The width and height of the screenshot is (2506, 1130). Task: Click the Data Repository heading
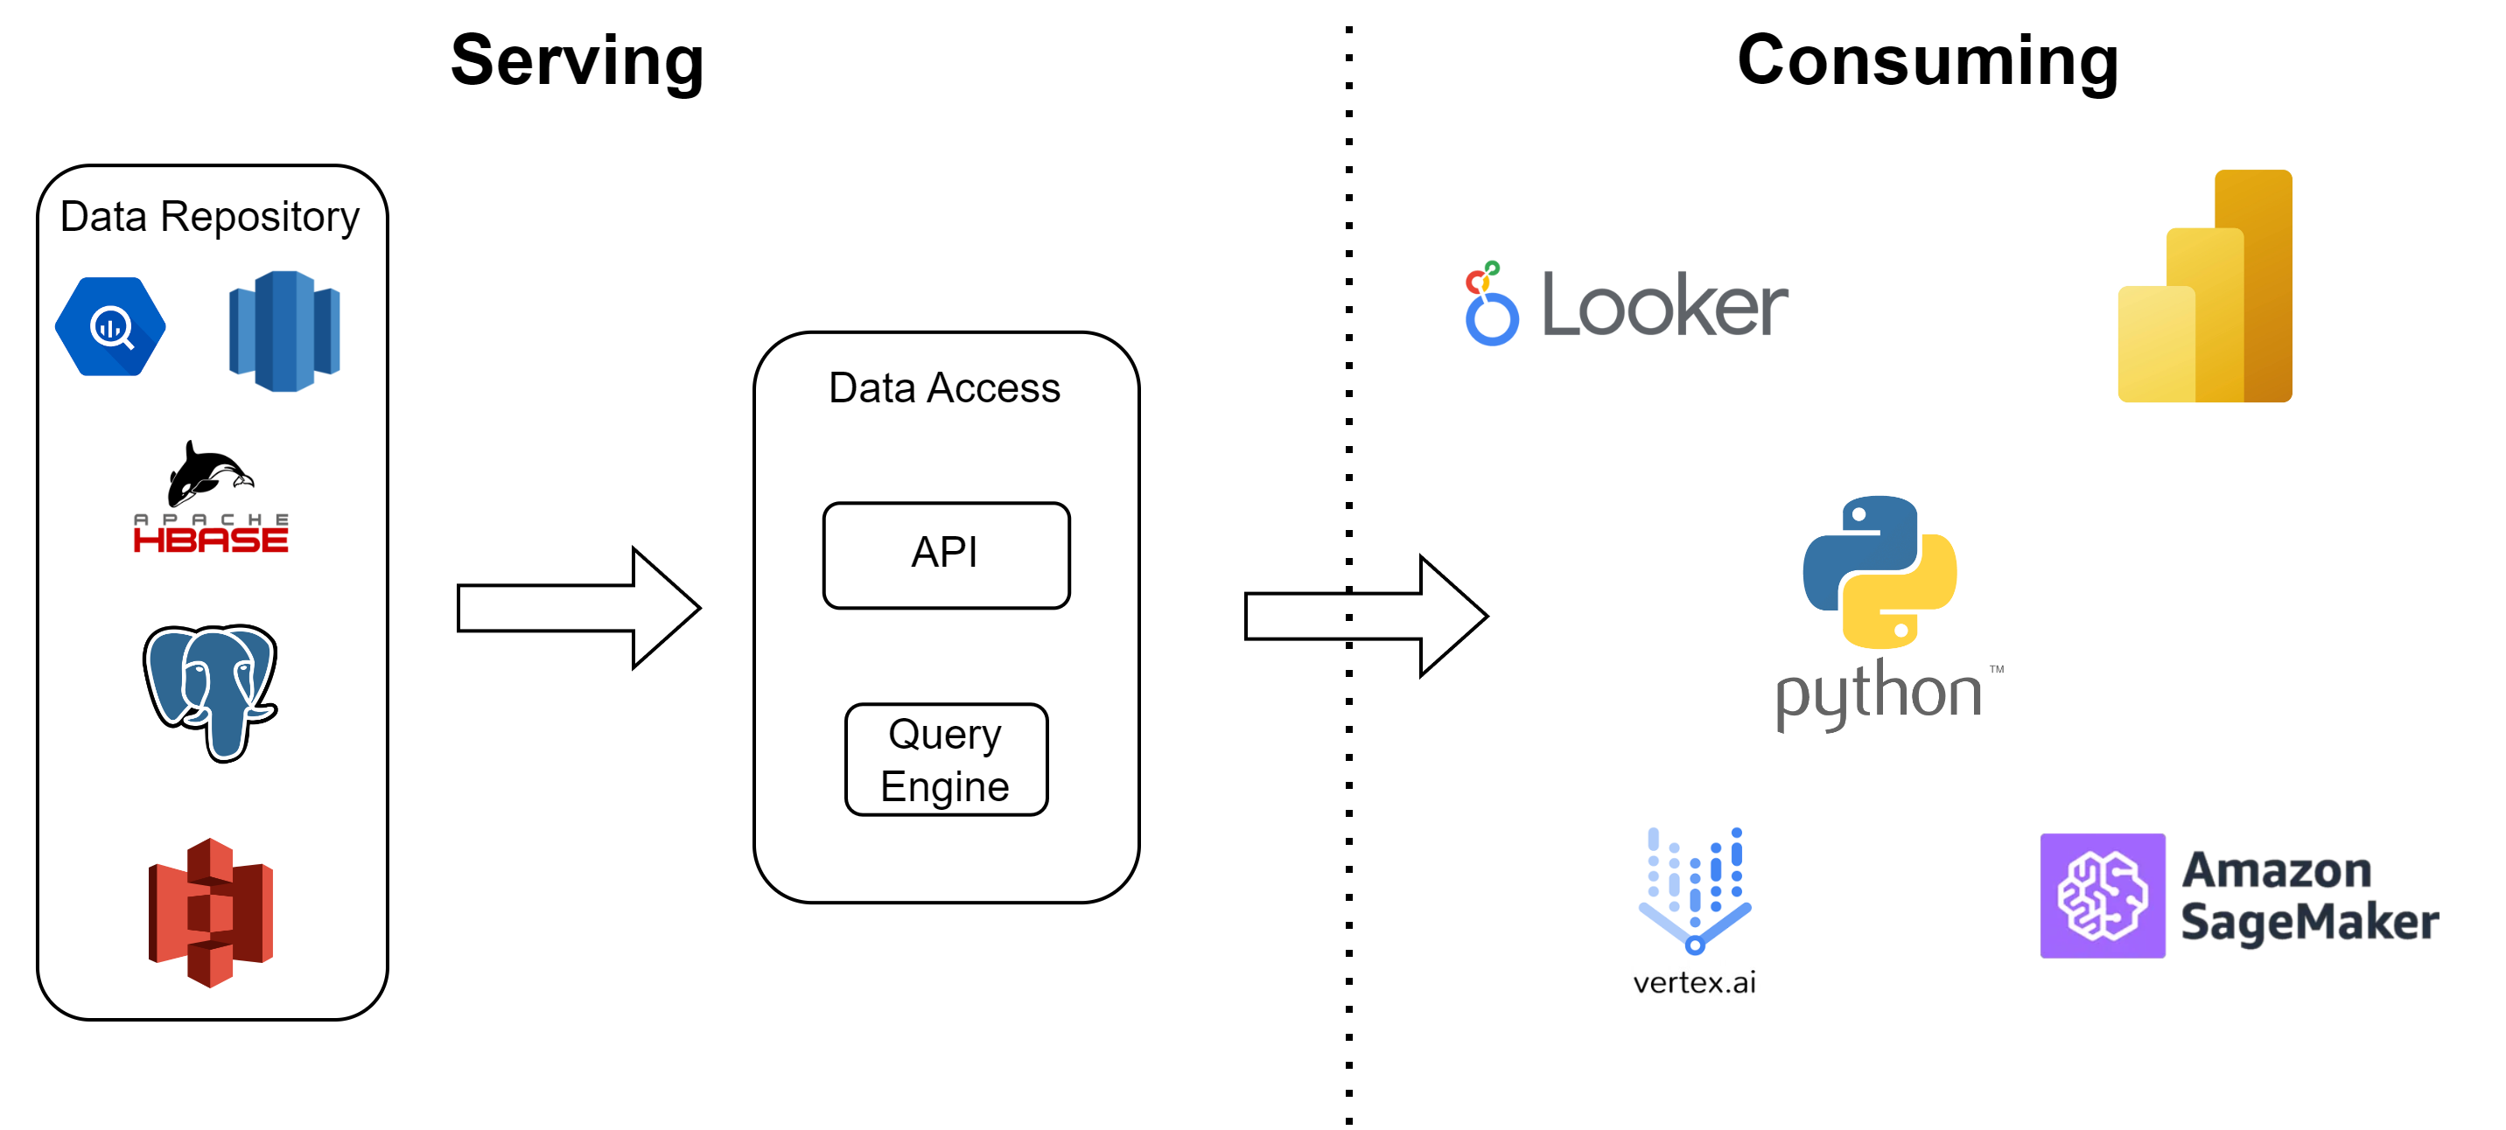pyautogui.click(x=209, y=217)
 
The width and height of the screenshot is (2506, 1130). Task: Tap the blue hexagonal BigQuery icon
pyautogui.click(x=111, y=327)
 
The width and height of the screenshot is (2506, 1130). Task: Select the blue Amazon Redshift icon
pyautogui.click(x=284, y=331)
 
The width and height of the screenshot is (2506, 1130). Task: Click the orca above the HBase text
pyautogui.click(x=209, y=472)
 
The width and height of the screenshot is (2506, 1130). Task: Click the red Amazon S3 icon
pyautogui.click(x=211, y=912)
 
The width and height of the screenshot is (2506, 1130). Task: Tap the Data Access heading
pyautogui.click(x=943, y=388)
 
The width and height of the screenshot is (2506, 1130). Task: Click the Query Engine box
pyautogui.click(x=946, y=759)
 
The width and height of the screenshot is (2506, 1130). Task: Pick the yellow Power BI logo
pyautogui.click(x=2205, y=287)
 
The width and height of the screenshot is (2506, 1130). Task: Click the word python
pyautogui.click(x=1879, y=696)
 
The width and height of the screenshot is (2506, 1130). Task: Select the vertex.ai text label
pyautogui.click(x=1694, y=983)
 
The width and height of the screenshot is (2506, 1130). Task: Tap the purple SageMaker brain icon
pyautogui.click(x=2103, y=896)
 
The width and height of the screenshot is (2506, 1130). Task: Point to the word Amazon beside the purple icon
pyautogui.click(x=2277, y=870)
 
